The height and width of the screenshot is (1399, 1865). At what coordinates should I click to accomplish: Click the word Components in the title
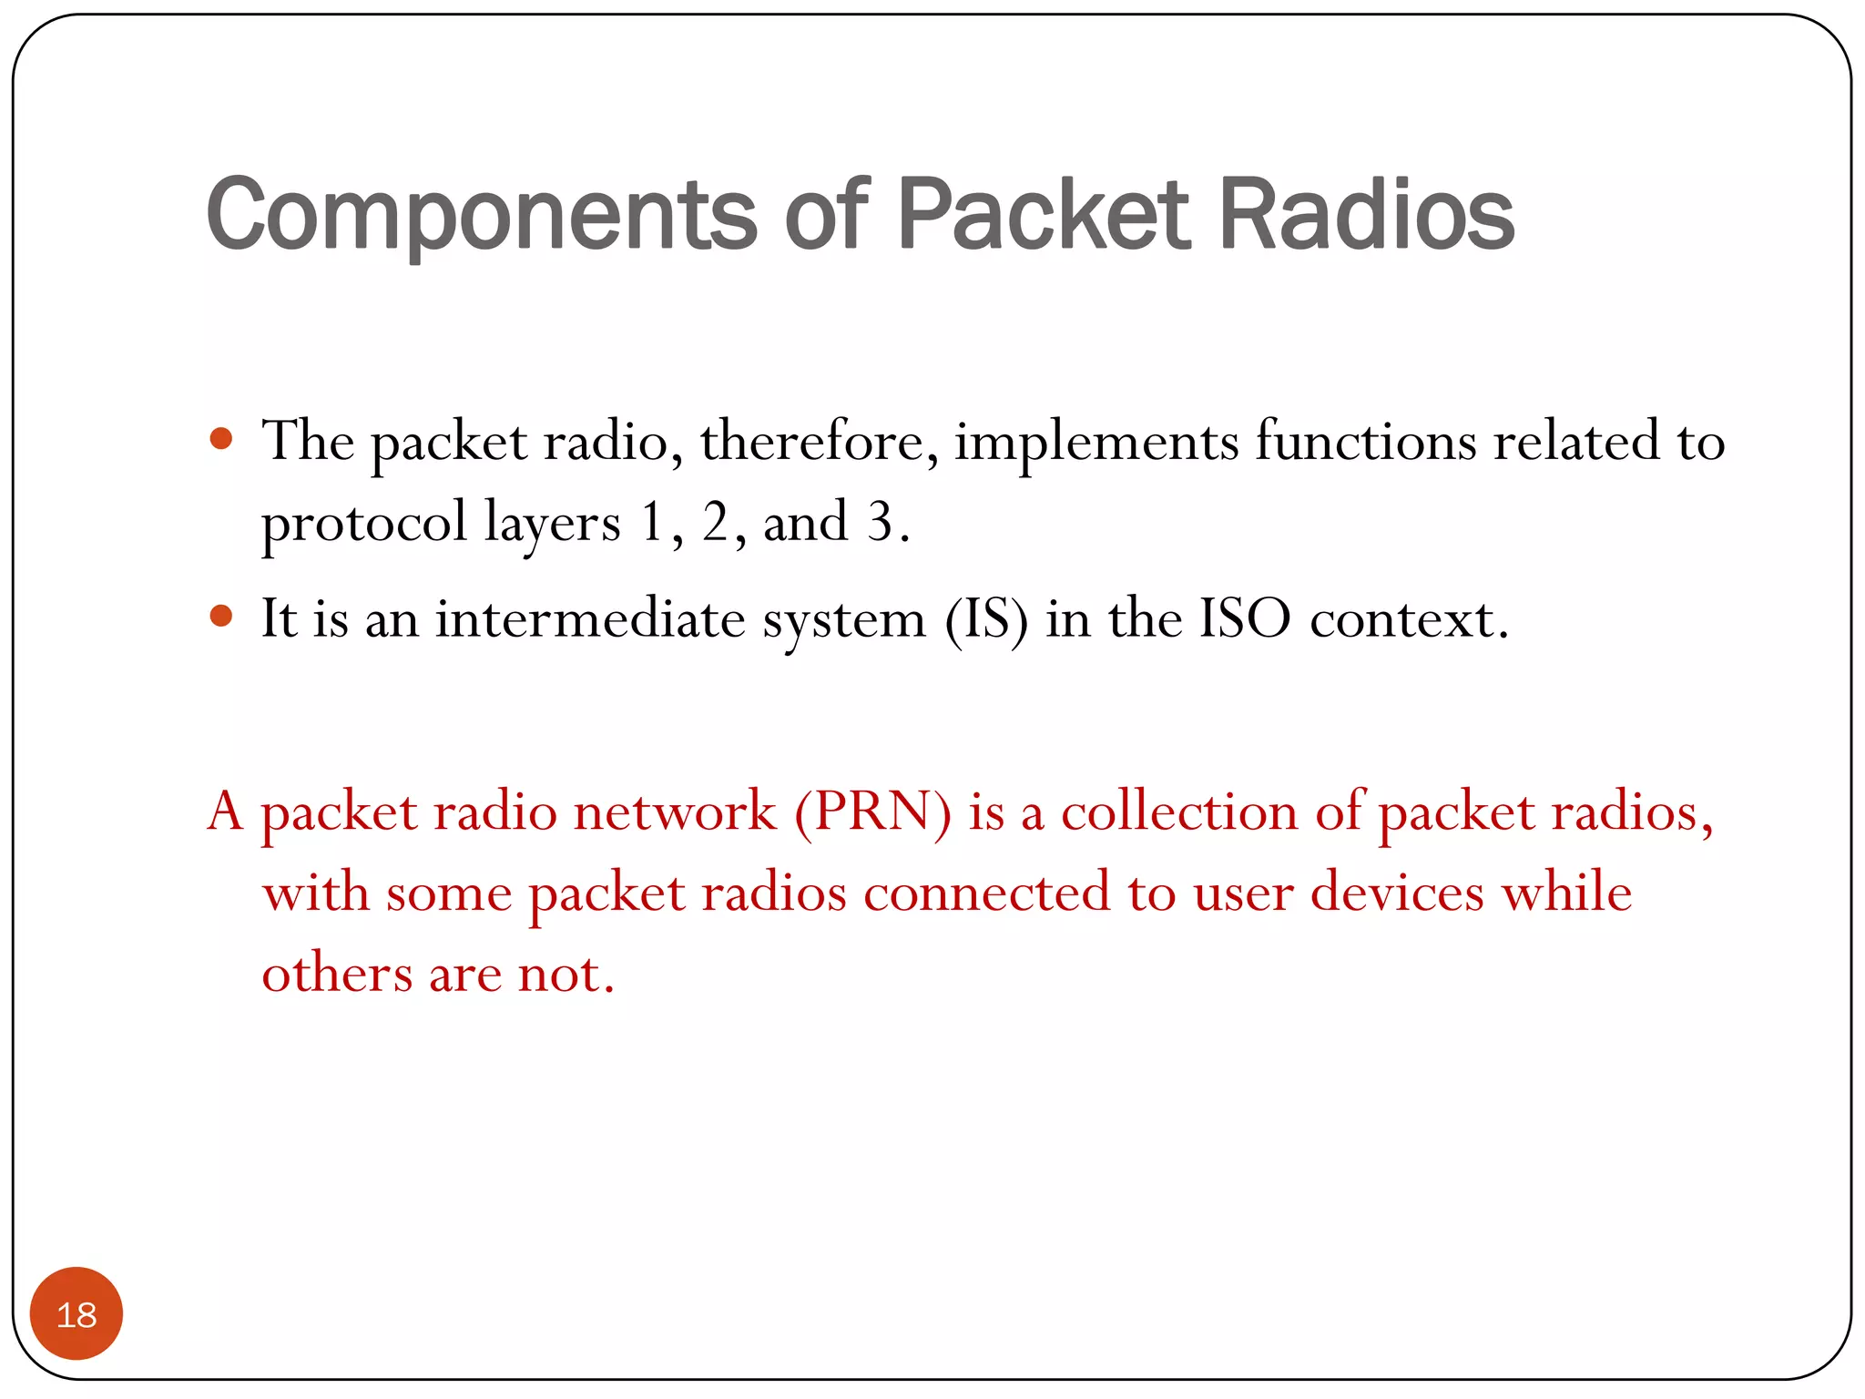click(x=482, y=215)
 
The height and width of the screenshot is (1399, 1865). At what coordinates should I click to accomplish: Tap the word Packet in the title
click(x=1044, y=215)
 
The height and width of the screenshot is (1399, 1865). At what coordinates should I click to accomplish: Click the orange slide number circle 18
click(x=76, y=1313)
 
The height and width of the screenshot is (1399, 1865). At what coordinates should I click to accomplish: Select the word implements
click(x=1096, y=443)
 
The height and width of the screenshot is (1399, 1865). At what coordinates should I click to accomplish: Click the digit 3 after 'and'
click(x=880, y=523)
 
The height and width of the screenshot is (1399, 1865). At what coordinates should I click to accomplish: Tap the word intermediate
click(x=590, y=619)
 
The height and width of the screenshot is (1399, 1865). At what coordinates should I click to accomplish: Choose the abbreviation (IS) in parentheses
click(x=986, y=619)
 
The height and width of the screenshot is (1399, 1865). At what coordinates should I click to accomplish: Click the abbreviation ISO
click(x=1244, y=619)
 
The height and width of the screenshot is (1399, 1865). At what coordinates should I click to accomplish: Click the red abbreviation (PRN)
click(x=872, y=811)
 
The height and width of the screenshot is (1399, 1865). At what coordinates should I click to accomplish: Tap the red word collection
click(x=1179, y=811)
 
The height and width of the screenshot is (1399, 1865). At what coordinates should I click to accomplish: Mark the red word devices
click(x=1397, y=893)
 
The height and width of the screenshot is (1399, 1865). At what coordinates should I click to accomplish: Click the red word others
click(x=337, y=974)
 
